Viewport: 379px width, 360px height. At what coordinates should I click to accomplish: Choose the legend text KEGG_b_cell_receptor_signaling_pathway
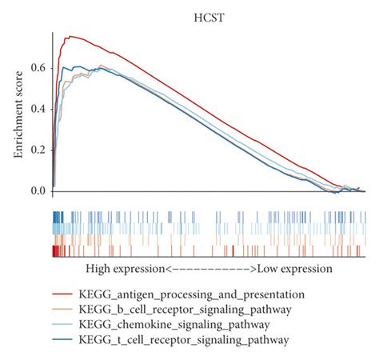(186, 310)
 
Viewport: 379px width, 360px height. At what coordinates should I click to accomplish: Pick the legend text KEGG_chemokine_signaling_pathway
(174, 325)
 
